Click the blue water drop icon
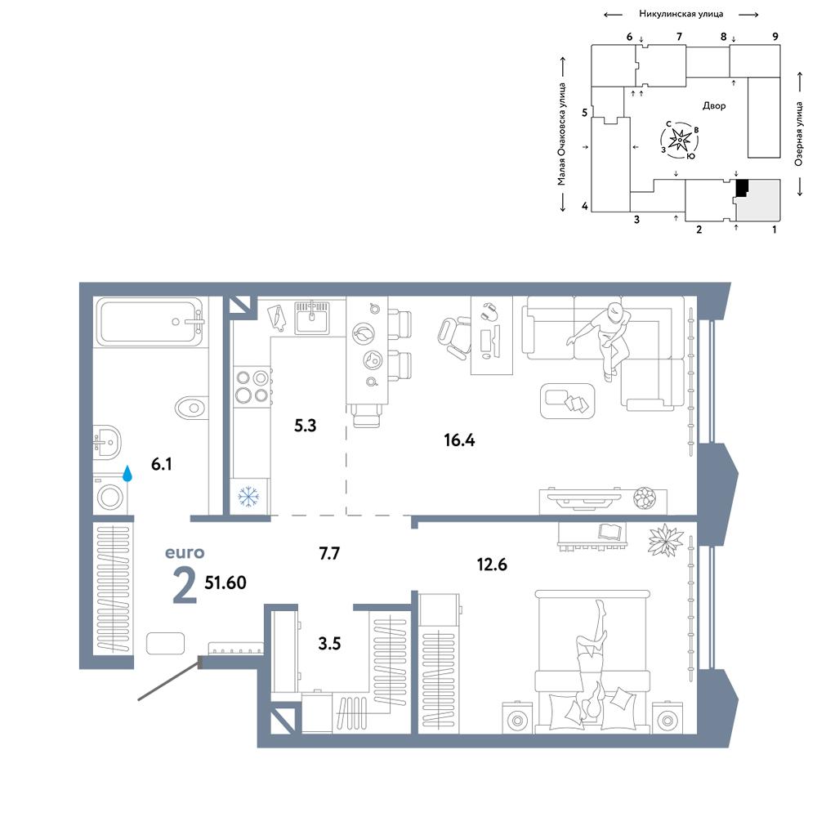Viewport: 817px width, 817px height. coord(127,474)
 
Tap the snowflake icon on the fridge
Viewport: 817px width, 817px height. coord(248,497)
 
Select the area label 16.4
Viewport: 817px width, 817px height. coord(459,440)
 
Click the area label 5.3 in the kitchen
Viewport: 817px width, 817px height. coord(306,426)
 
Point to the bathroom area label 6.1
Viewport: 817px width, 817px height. coord(162,464)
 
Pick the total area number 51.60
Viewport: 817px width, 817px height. coord(225,583)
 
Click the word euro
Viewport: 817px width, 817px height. coord(185,552)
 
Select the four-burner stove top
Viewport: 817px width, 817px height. coord(252,386)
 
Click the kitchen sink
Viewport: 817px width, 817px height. coord(311,317)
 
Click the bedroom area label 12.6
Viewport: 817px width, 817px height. coord(492,565)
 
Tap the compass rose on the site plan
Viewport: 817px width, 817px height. coord(680,140)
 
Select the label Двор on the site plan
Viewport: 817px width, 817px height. coord(714,105)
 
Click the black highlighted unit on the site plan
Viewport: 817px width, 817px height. coord(742,188)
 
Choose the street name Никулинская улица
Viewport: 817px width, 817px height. coord(681,14)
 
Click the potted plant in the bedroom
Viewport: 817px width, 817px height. coord(665,540)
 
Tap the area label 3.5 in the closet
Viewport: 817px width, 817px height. coord(329,644)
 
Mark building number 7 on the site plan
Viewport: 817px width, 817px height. coord(679,37)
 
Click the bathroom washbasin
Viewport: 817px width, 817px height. coord(107,442)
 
